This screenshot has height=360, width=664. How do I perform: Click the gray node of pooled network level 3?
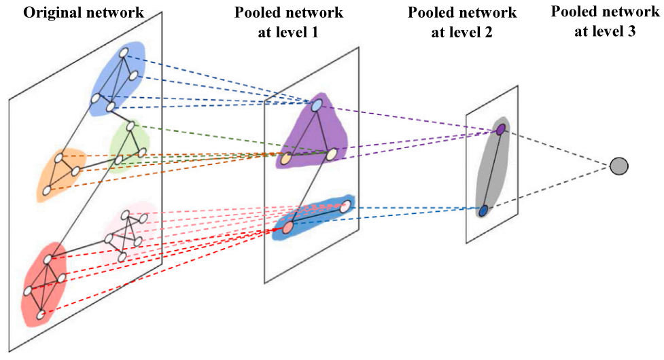click(618, 165)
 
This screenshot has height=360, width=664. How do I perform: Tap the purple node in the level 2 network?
click(501, 129)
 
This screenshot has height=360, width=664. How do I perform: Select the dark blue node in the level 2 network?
click(483, 211)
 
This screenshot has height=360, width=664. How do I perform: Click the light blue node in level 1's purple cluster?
click(317, 105)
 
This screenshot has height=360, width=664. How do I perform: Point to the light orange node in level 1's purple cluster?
click(286, 159)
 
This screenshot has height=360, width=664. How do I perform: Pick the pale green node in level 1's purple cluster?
click(331, 155)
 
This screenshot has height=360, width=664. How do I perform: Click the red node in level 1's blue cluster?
click(287, 227)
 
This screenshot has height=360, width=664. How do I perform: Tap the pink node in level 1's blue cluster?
click(345, 205)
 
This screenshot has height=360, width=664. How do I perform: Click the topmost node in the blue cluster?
click(124, 52)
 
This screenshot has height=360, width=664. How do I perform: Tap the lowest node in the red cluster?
click(41, 314)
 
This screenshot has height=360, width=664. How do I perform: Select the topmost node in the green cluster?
click(130, 126)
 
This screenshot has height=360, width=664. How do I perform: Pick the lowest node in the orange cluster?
click(46, 192)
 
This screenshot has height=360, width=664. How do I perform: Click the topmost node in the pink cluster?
click(125, 214)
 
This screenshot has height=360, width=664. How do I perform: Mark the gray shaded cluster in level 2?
click(491, 170)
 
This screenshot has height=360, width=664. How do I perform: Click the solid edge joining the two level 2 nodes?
click(492, 170)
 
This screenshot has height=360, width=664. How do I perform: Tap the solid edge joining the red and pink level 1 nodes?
click(316, 216)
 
